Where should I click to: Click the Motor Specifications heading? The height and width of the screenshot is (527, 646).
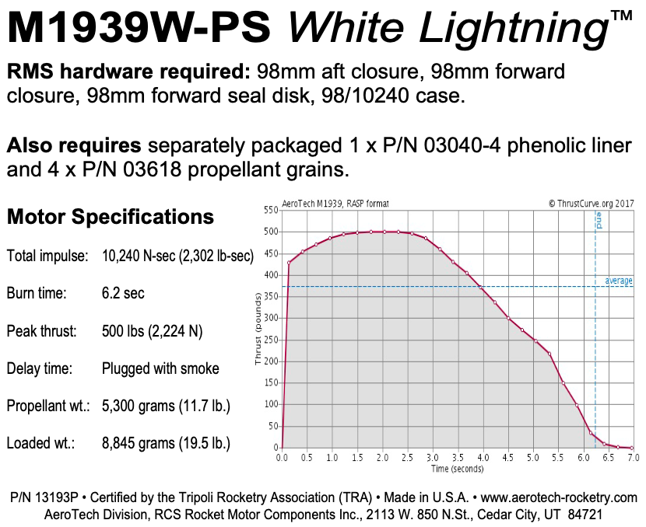[x=111, y=217]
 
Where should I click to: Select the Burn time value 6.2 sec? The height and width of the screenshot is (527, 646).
[x=123, y=294]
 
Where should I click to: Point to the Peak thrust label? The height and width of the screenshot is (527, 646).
[x=43, y=332]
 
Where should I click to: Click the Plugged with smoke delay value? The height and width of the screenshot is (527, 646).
[x=160, y=369]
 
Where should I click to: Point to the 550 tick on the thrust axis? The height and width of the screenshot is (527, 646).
[x=270, y=211]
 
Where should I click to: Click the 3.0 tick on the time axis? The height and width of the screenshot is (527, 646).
[x=432, y=458]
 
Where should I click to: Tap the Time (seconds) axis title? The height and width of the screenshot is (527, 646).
[x=457, y=469]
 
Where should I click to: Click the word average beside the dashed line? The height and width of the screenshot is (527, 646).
[x=619, y=281]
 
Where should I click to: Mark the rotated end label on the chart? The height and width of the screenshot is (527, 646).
[x=599, y=220]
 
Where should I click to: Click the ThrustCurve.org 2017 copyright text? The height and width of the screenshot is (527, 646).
[x=591, y=204]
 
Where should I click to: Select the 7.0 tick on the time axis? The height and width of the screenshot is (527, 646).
[x=633, y=458]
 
